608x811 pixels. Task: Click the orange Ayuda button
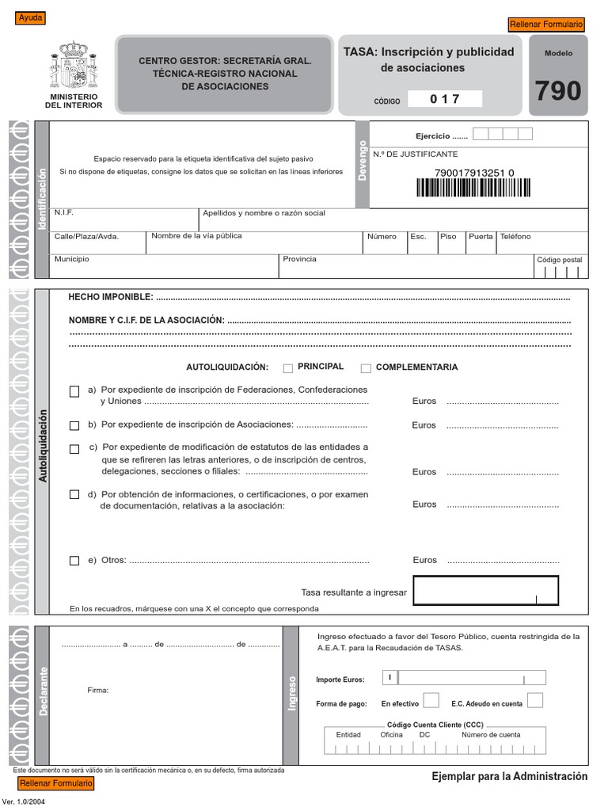coord(31,18)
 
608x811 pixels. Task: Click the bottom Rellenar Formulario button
coord(55,783)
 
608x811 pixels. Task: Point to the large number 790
coord(557,92)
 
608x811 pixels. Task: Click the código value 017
coord(444,99)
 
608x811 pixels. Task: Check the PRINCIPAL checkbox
coord(287,367)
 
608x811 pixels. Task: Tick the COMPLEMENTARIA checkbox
coord(366,367)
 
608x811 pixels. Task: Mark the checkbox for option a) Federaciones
coord(74,390)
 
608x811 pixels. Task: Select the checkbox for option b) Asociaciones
coord(74,425)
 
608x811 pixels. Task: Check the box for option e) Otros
coord(74,561)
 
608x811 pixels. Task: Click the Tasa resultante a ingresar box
coord(485,590)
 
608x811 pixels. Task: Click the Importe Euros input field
coord(472,678)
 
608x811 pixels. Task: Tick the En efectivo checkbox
coord(431,700)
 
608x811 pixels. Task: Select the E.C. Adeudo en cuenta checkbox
coord(535,700)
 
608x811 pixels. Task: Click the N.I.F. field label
coord(63,213)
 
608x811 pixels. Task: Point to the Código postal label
coord(559,260)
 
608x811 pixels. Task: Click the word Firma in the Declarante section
coord(97,691)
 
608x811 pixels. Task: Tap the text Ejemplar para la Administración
coord(509,776)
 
